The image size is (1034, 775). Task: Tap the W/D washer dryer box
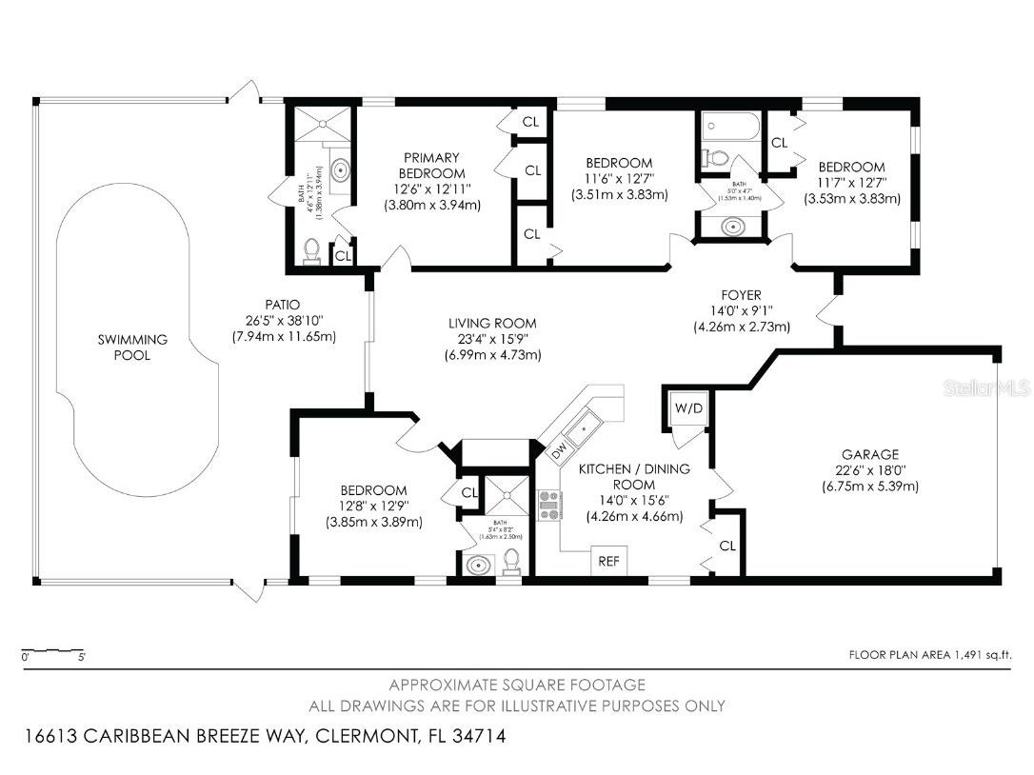[688, 408]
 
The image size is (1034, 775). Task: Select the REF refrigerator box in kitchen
[608, 561]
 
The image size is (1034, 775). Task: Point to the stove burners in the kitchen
[549, 505]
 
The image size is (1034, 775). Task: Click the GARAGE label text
[869, 454]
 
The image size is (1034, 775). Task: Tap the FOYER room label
[741, 295]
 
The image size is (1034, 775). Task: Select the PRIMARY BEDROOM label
[431, 166]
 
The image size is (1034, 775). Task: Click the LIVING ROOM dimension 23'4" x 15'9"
[494, 339]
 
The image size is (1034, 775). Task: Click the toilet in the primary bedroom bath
[311, 250]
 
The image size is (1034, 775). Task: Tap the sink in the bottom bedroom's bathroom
[476, 565]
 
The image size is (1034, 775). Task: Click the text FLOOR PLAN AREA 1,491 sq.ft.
[929, 654]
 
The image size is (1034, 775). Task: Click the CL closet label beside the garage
[727, 546]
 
